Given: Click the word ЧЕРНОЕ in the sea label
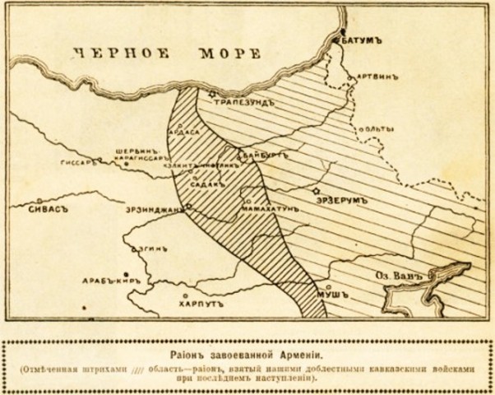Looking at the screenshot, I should (116, 54).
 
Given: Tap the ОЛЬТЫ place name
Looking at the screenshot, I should (377, 128).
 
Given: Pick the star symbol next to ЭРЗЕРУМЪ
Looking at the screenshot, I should (315, 191).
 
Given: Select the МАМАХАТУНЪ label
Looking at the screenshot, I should (271, 209).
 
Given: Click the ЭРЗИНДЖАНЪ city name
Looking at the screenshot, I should (152, 209).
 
